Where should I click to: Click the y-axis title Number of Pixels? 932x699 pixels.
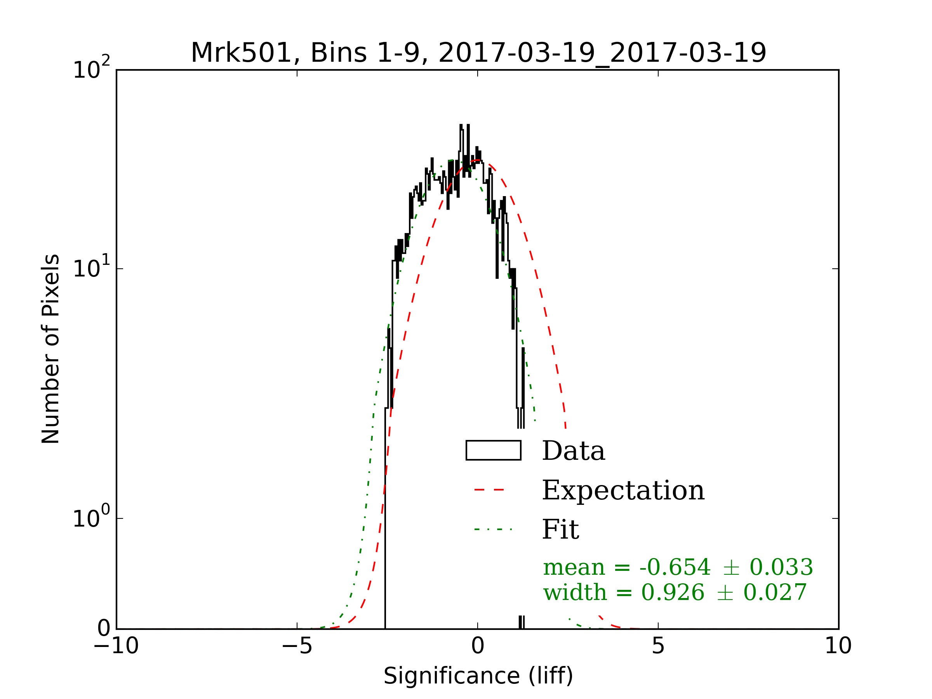(x=50, y=349)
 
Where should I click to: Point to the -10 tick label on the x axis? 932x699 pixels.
(x=116, y=645)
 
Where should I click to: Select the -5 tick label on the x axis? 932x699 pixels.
(x=297, y=645)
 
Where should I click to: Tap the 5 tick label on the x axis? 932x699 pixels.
(x=658, y=645)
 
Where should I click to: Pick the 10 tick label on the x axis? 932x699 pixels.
(x=838, y=645)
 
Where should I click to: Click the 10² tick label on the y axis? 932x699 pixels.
(x=91, y=68)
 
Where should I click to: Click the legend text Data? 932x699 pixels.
(x=574, y=451)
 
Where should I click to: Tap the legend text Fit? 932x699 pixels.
(x=560, y=529)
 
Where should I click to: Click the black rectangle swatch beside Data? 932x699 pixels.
(x=494, y=450)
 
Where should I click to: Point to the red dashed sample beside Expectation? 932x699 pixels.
(x=489, y=490)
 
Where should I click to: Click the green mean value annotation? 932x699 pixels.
(x=678, y=567)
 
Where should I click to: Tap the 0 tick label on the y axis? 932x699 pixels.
(x=104, y=628)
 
